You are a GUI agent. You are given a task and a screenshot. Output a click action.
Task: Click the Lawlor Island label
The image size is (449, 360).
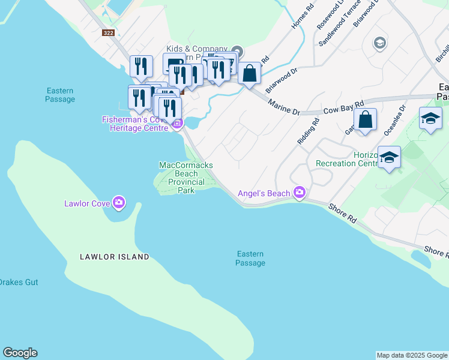click(115, 257)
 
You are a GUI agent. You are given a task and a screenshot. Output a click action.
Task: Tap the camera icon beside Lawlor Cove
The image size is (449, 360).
click(119, 203)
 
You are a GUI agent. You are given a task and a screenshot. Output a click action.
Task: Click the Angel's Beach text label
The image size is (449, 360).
click(264, 193)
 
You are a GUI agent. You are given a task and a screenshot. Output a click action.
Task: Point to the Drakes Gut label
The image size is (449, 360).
click(18, 282)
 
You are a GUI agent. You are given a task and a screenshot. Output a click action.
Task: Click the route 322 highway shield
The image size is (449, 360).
click(108, 33)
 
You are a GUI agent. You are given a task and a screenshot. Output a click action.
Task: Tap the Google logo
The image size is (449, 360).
click(20, 353)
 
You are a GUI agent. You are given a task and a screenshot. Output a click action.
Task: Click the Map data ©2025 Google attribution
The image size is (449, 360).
click(412, 355)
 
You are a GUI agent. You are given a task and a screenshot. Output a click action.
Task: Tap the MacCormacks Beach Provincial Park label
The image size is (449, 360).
click(186, 178)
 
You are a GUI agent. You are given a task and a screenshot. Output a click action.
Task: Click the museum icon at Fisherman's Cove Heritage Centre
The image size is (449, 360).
click(176, 125)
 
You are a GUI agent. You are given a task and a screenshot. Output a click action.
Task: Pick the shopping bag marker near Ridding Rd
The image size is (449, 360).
click(365, 120)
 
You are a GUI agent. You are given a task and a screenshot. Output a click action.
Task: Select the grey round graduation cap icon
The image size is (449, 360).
click(379, 43)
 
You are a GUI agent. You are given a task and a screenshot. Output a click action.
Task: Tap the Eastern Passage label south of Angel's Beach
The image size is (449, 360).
click(250, 259)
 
